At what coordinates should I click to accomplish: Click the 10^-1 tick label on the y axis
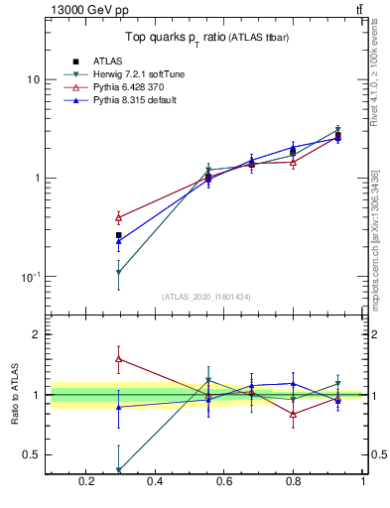point(30,277)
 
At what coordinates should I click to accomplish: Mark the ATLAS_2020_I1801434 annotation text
point(204,297)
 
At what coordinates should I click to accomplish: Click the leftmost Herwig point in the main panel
point(118,272)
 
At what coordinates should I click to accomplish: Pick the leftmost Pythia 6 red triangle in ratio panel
point(118,358)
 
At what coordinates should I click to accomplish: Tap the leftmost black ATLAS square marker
point(118,235)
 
